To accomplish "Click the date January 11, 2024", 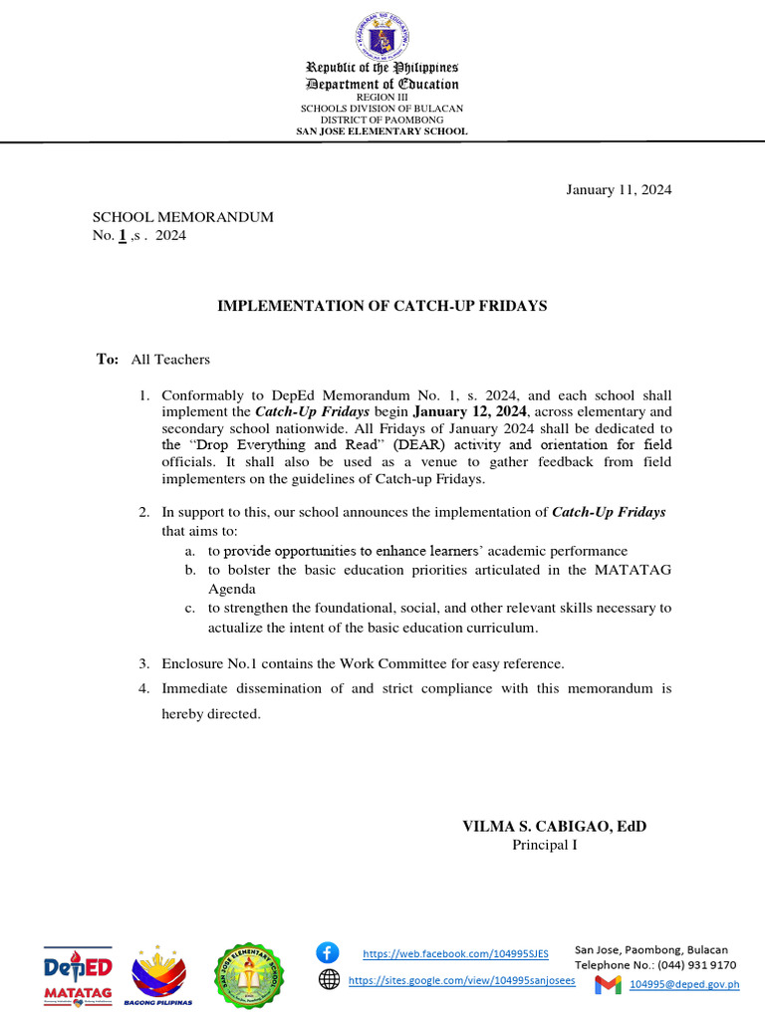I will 619,190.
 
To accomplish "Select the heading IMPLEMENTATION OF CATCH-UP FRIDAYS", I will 382,306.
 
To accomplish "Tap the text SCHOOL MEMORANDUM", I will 183,217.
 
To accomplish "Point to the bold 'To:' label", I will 108,359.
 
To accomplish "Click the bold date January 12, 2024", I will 470,410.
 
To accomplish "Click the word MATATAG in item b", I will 634,569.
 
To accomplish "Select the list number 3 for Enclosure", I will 143,663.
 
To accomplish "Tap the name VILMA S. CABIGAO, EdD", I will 547,827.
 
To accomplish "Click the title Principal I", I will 545,845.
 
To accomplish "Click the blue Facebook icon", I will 328,951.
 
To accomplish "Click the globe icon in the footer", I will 329,979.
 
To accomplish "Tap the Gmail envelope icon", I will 608,985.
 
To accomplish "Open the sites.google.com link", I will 461,981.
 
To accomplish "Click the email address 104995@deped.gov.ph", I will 685,985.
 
